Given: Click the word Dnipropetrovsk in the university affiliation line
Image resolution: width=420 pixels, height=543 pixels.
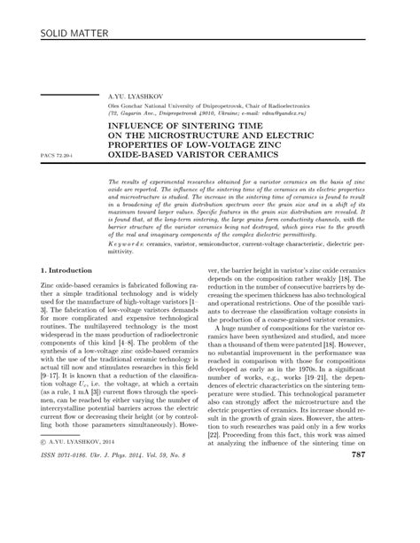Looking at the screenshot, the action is (x=215, y=105).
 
